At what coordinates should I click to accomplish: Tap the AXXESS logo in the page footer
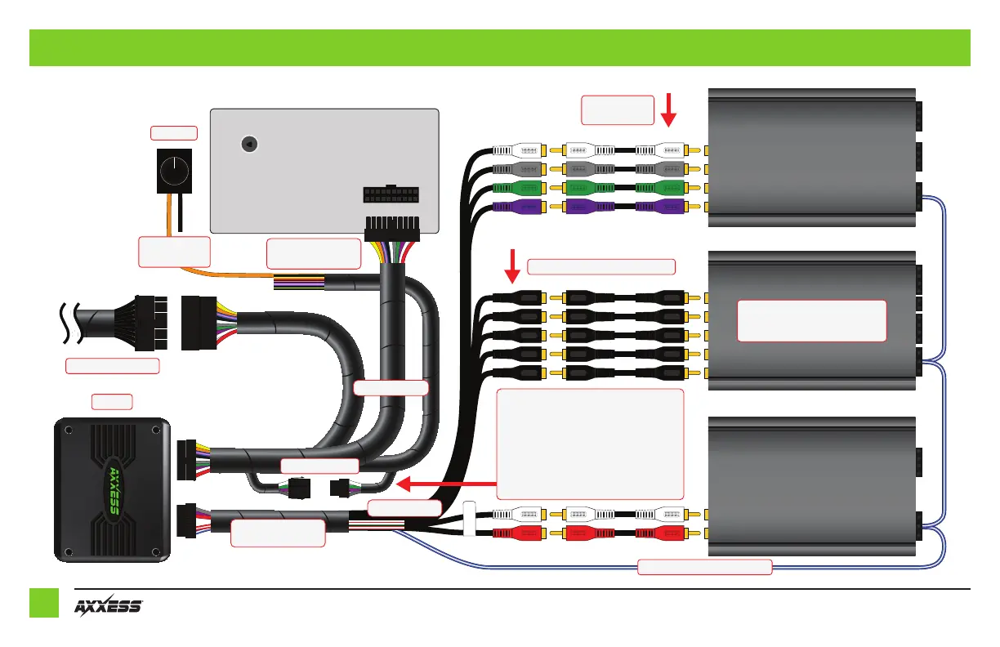[109, 608]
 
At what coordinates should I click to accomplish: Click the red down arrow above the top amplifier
[668, 109]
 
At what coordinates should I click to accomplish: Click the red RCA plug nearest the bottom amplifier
[660, 534]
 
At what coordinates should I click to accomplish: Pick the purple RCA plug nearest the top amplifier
[660, 207]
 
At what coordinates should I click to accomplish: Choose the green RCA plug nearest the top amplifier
[660, 189]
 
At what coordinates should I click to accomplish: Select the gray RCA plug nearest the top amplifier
[660, 170]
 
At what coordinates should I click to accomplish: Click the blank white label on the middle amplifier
[811, 320]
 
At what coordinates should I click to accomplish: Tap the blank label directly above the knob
[174, 132]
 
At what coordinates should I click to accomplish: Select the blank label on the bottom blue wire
[704, 567]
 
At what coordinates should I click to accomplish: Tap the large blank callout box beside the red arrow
[590, 443]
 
